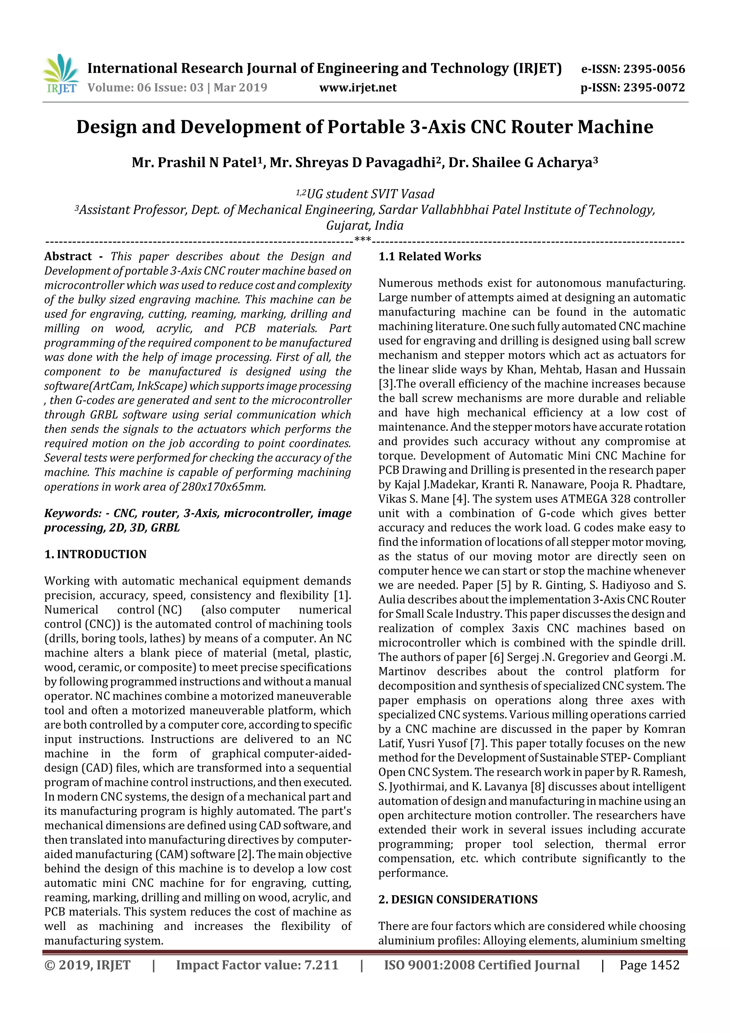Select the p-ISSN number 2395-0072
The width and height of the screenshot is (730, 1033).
tap(653, 87)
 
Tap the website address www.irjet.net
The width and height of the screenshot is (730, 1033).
tap(358, 87)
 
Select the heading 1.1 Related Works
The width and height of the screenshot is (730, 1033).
tap(430, 256)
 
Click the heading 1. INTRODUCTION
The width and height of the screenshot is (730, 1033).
tap(96, 554)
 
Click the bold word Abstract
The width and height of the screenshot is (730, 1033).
tap(68, 256)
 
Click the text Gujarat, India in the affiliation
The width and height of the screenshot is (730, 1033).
tap(364, 225)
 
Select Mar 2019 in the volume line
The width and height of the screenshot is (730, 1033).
tap(240, 87)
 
